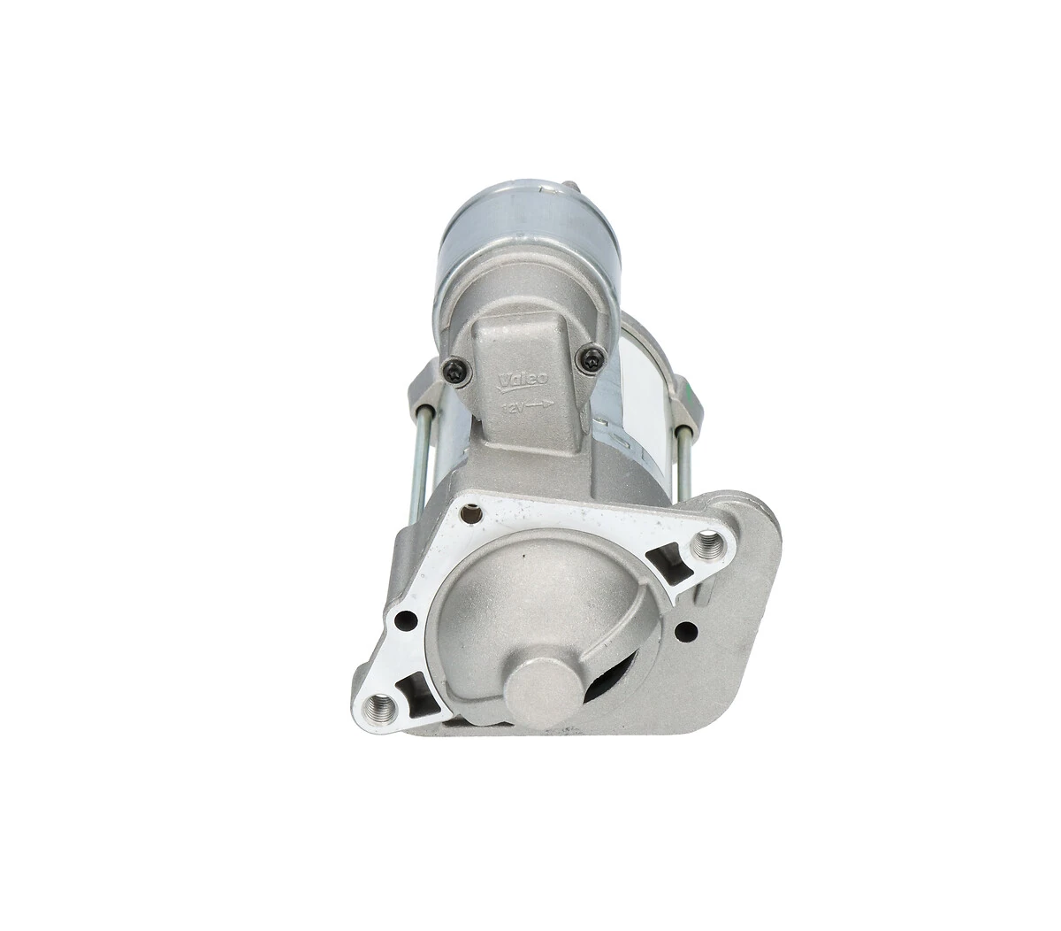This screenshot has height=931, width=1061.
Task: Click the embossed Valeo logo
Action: [523, 380]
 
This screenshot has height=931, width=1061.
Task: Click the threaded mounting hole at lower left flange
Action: [384, 705]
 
